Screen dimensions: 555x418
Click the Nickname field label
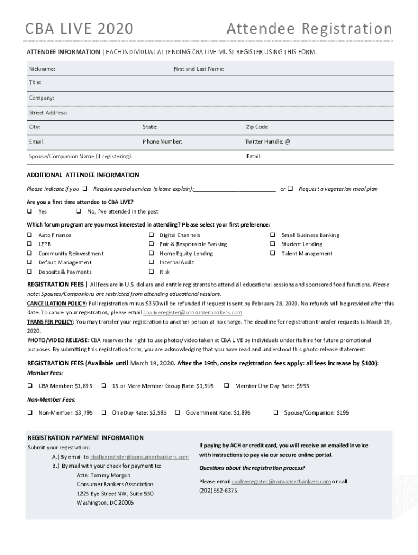42,69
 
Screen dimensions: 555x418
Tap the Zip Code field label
257,127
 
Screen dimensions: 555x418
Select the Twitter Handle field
337,141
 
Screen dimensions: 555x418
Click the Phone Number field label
162,141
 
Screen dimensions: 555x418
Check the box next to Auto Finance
30,235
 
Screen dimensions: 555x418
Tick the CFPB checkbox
30,244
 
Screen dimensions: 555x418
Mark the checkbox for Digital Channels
151,235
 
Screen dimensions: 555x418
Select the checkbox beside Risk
151,272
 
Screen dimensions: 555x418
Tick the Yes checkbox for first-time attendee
30,211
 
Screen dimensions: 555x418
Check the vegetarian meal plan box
290,189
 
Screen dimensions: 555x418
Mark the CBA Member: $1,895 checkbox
30,386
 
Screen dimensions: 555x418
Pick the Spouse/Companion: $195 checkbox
276,412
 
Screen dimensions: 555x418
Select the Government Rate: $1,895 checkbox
178,412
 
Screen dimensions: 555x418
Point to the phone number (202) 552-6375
219,491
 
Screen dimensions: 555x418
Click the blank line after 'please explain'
234,189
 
